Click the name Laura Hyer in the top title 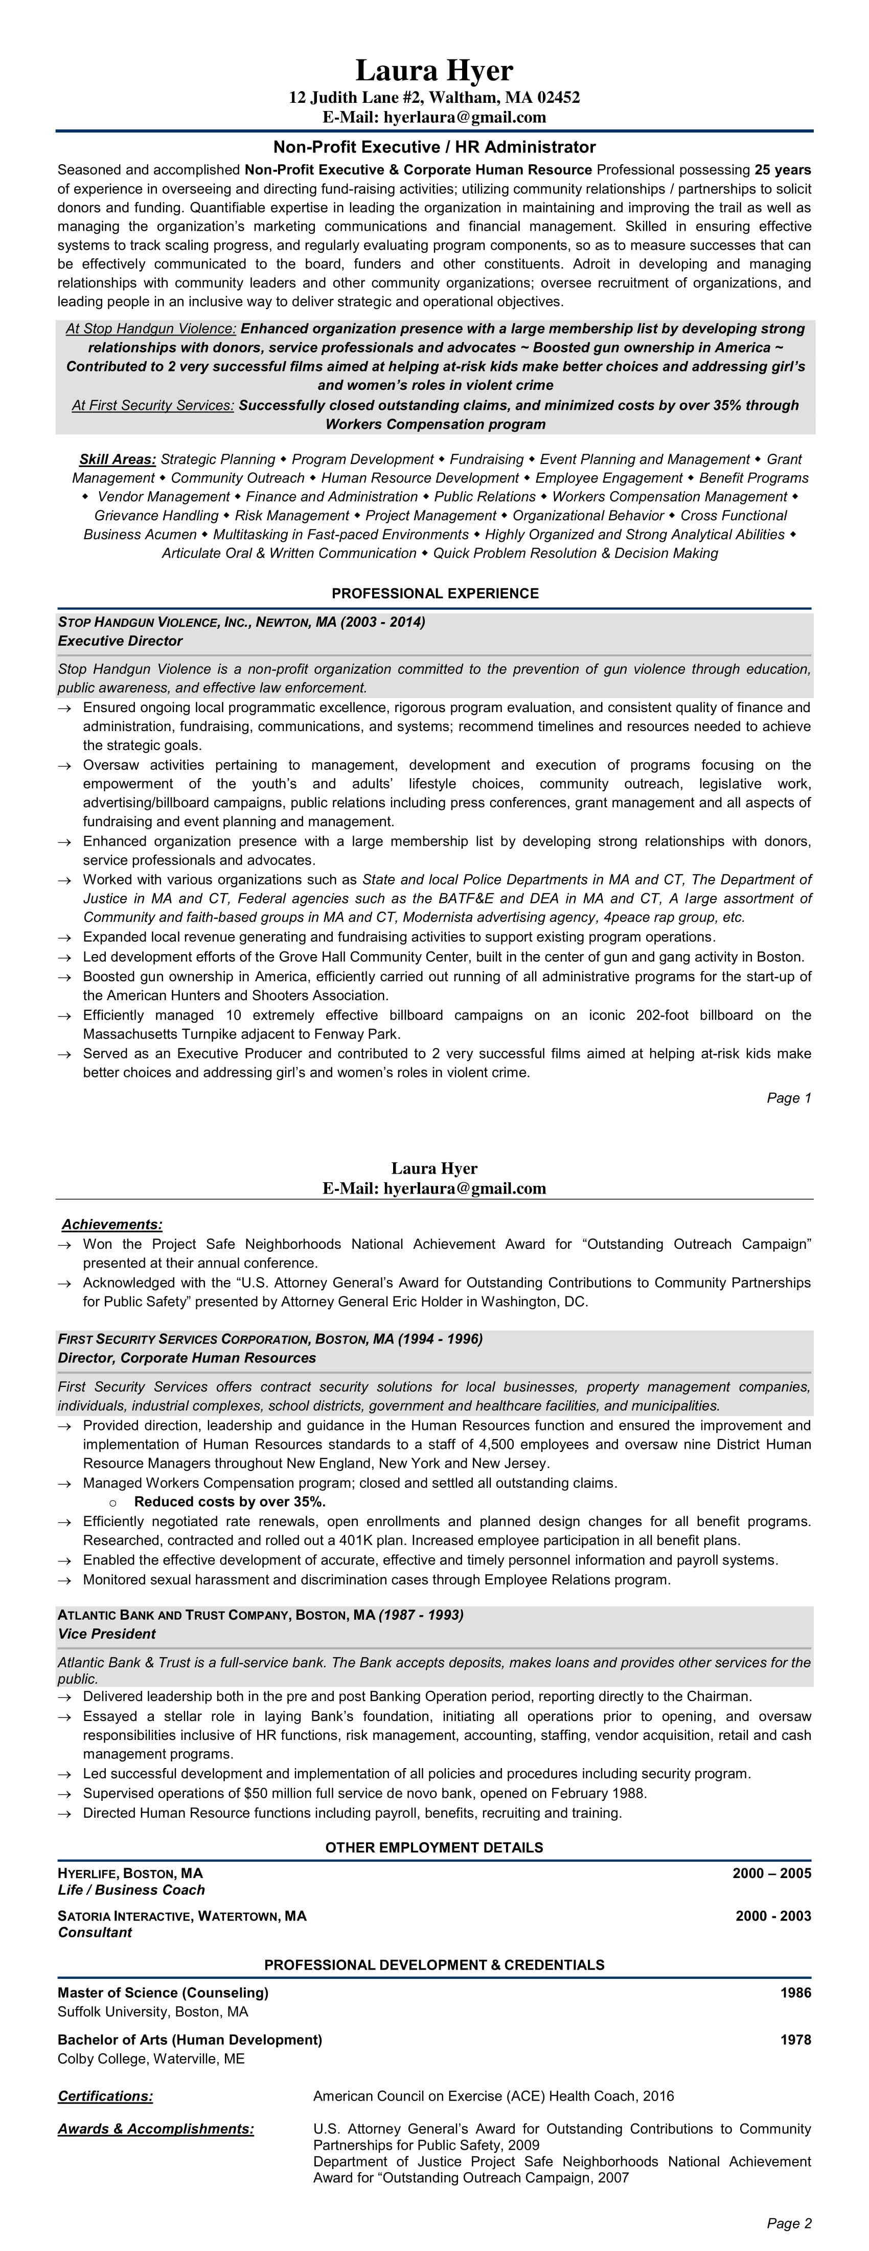(x=434, y=70)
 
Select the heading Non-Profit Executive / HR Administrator (x=434, y=147)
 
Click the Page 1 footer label (x=789, y=1098)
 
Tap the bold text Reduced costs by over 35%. (x=230, y=1502)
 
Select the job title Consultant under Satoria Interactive (x=95, y=1933)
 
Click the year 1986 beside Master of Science (x=795, y=1993)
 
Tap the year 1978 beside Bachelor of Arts (x=795, y=2040)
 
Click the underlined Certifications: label (x=105, y=2096)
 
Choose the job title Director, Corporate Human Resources (x=187, y=1358)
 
